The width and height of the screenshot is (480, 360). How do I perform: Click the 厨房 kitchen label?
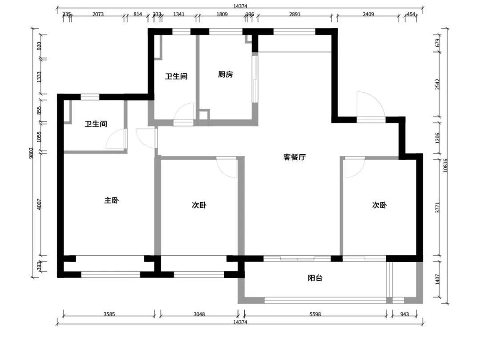click(225, 75)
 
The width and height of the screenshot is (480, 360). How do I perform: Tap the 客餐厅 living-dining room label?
click(295, 157)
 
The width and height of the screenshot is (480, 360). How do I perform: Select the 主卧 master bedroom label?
click(112, 200)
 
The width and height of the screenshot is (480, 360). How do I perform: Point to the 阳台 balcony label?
click(315, 278)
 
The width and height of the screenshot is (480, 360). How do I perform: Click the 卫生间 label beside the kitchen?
click(176, 76)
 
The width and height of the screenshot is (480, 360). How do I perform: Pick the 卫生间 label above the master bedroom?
click(96, 124)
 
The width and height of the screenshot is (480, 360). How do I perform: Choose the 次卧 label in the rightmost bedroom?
click(380, 205)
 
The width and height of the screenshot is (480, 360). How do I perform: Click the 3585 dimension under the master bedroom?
click(109, 314)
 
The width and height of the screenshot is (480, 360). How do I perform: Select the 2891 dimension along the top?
click(295, 14)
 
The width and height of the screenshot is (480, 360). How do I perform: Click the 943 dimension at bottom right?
click(404, 314)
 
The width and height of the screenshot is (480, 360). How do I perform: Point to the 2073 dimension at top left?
click(98, 14)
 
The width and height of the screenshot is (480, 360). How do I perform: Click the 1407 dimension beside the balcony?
click(437, 280)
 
